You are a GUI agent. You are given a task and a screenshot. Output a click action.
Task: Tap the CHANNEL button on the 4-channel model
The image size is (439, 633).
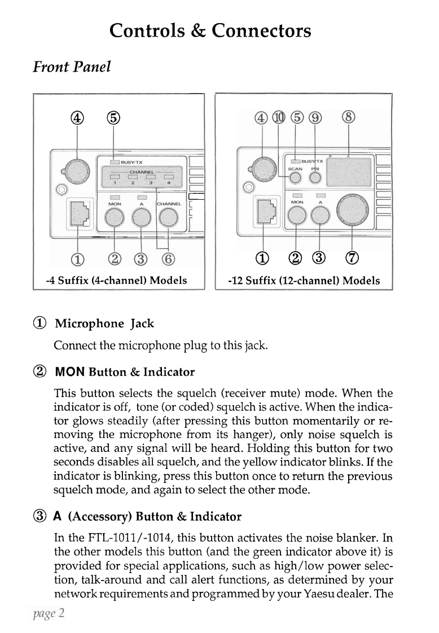168,217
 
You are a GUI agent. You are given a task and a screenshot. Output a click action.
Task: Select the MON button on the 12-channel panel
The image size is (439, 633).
297,214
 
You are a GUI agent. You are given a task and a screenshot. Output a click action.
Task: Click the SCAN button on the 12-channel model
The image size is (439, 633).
295,178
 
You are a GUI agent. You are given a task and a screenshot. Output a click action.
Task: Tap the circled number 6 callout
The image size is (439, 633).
168,261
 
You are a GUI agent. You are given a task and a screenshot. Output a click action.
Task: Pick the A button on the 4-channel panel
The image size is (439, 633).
142,217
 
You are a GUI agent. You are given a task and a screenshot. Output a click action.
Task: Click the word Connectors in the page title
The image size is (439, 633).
261,29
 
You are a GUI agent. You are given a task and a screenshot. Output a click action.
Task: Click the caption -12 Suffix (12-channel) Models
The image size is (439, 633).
304,280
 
